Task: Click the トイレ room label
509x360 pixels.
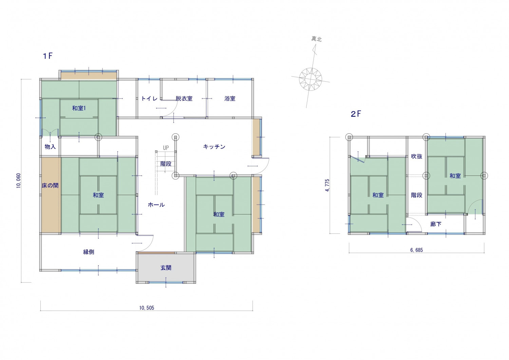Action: tap(149, 98)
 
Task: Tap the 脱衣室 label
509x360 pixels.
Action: tap(184, 98)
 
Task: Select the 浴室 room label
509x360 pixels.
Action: tap(230, 98)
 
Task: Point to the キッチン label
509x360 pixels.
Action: tap(214, 147)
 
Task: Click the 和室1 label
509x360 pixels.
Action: tap(79, 108)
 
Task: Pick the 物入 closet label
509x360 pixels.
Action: tap(50, 147)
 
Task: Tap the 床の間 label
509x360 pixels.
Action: tap(50, 186)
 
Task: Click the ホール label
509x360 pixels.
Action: tap(156, 205)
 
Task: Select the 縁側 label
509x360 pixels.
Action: tap(89, 252)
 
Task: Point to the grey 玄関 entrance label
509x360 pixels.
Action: tap(166, 268)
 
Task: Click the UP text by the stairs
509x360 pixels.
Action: tap(166, 148)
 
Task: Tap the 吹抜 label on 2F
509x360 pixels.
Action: tap(417, 156)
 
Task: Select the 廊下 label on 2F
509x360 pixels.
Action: tap(436, 224)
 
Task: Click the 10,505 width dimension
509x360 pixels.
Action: tap(147, 308)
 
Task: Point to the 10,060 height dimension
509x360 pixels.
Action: tap(19, 181)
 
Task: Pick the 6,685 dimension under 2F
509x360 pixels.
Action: tap(416, 250)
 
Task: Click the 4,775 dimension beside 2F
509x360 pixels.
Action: tap(327, 185)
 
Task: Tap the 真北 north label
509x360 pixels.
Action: tap(316, 39)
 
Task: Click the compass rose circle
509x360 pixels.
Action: tap(310, 79)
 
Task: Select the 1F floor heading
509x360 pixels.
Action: tap(48, 56)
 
